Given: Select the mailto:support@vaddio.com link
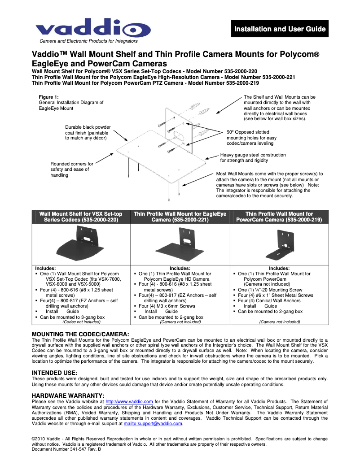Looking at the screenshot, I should point(153,423).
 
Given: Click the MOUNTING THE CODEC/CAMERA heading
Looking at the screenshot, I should point(80,334).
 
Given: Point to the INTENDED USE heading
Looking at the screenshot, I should point(54,373).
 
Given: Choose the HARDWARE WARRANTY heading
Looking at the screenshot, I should point(68,395).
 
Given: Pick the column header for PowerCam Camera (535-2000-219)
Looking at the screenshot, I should point(279,217).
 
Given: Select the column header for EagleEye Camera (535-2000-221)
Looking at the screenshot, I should point(180,217).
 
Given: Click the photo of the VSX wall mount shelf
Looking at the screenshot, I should point(81,244).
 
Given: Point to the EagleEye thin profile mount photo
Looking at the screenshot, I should point(180,245).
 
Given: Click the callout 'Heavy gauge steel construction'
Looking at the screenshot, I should point(253,157).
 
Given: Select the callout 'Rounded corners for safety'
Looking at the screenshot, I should point(72,169).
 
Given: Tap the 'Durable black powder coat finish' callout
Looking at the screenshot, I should point(88,133).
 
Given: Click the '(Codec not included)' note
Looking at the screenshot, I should point(81,322).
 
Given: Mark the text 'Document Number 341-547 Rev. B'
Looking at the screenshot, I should point(66,449).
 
